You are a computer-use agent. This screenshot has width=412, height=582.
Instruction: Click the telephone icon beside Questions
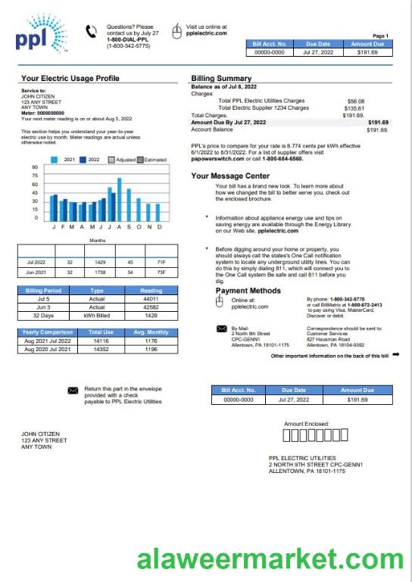(92, 31)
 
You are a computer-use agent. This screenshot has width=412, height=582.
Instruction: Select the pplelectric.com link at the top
(207, 33)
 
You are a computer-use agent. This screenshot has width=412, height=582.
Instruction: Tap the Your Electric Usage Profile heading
(70, 78)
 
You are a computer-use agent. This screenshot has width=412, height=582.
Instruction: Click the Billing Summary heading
(221, 78)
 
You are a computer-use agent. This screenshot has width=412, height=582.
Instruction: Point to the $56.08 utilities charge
(355, 101)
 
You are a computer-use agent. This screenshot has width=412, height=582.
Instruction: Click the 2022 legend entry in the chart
(89, 160)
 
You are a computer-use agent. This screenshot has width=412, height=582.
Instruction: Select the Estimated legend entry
(151, 160)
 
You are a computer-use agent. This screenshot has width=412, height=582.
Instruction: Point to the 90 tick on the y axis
(35, 167)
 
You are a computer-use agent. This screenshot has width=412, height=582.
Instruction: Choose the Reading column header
(151, 291)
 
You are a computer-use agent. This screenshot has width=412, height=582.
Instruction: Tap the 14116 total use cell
(100, 341)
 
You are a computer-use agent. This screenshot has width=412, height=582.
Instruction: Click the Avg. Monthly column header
(151, 332)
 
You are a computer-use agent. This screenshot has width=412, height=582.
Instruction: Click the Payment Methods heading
(248, 291)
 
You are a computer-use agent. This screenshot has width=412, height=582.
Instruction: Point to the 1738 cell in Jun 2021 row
(100, 271)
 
